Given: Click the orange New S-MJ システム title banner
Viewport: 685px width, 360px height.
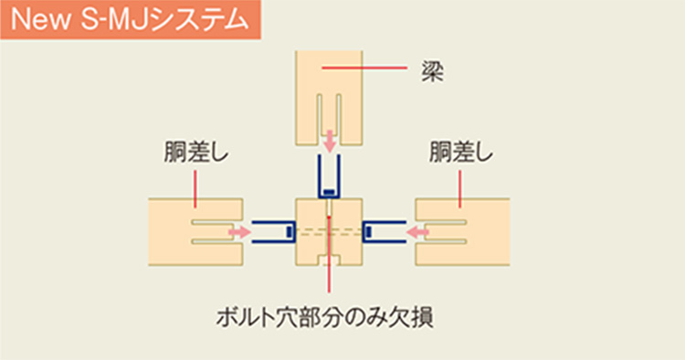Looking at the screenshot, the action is [x=131, y=20].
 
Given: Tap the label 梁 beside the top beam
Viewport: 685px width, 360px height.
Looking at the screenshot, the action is [x=433, y=71].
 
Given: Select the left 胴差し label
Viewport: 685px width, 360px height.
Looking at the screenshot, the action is [x=196, y=152].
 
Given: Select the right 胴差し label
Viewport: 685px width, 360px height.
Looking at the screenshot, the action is [x=461, y=152].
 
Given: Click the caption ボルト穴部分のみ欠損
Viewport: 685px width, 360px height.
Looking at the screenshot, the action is [x=325, y=317].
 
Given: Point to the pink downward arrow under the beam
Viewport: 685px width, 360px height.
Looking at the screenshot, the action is [x=330, y=141].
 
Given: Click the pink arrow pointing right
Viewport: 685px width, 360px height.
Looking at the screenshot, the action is [x=239, y=232].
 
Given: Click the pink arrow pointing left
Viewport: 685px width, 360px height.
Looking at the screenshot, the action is [x=417, y=232].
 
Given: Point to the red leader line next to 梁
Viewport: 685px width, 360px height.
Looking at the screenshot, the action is [x=364, y=68].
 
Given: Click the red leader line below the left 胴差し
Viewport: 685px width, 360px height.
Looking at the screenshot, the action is [x=195, y=189].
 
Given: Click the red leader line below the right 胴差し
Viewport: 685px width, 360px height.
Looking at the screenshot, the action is [x=459, y=189].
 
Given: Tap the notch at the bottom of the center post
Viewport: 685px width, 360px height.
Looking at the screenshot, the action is [x=330, y=259].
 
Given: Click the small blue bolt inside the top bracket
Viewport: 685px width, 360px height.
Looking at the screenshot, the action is [x=329, y=192].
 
